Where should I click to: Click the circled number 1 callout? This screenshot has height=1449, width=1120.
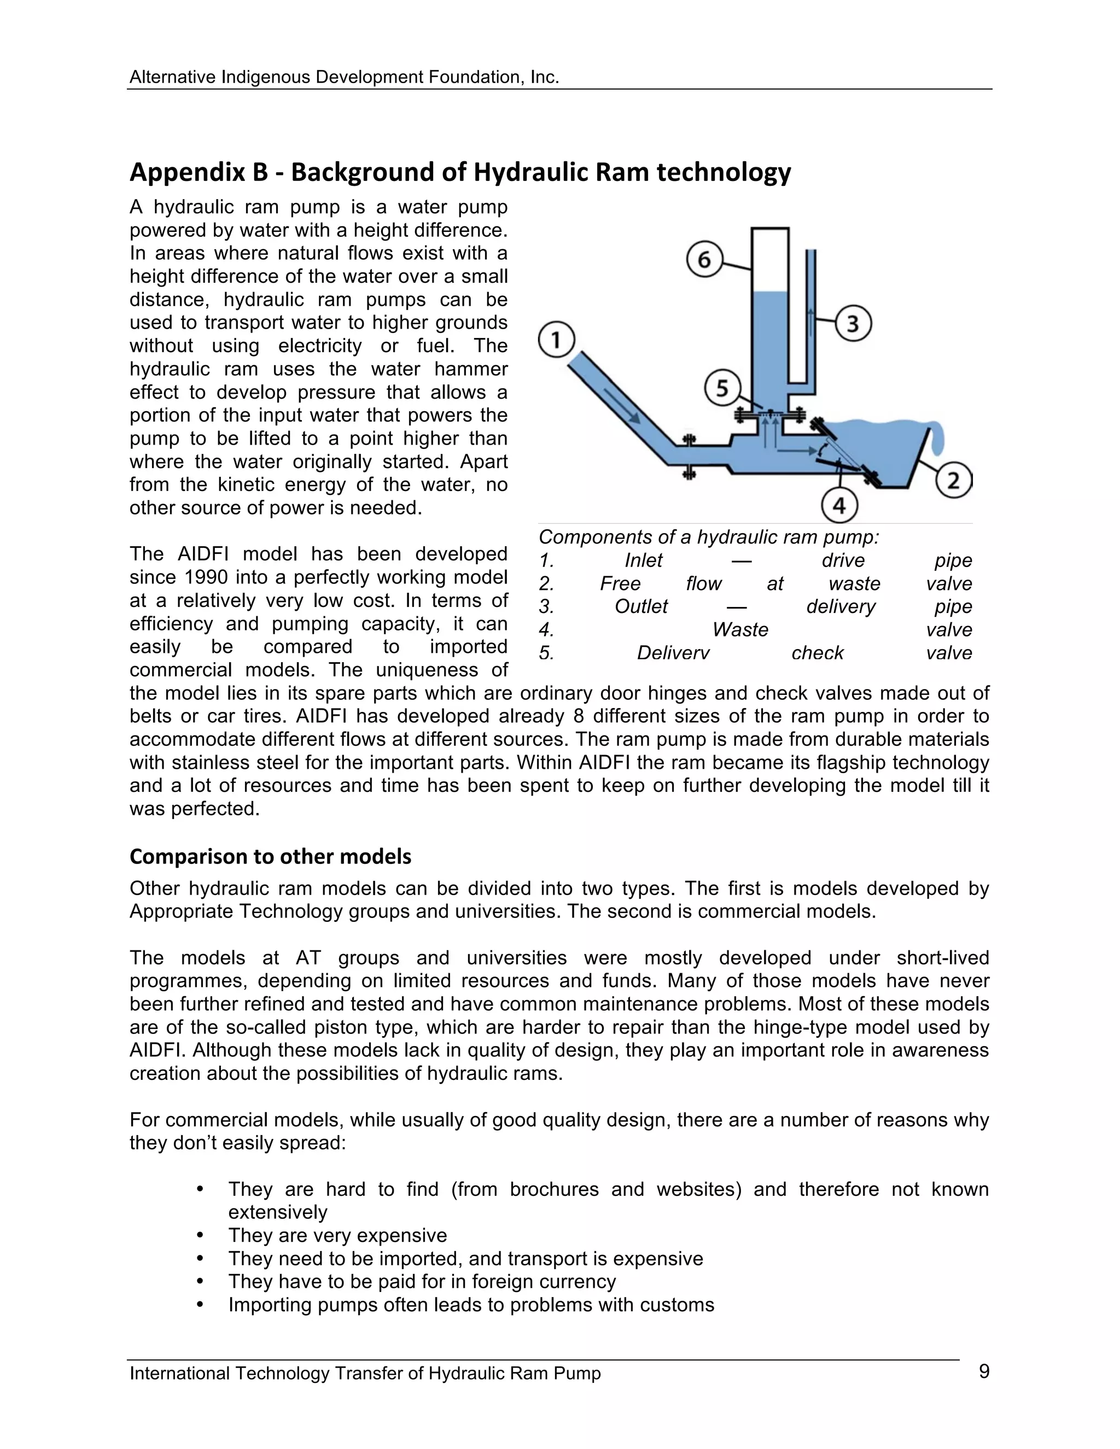pyautogui.click(x=556, y=340)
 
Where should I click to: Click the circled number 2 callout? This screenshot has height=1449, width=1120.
pyautogui.click(x=953, y=480)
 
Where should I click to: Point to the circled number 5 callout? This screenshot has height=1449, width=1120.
pyautogui.click(x=722, y=388)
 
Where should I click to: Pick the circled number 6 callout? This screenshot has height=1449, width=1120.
pyautogui.click(x=704, y=259)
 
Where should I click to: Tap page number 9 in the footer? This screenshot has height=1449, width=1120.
pyautogui.click(x=983, y=1371)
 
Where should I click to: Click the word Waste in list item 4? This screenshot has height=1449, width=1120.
pyautogui.click(x=740, y=629)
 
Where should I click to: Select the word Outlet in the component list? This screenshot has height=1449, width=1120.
pyautogui.click(x=641, y=606)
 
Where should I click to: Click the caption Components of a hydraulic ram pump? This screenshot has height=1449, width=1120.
pyautogui.click(x=708, y=537)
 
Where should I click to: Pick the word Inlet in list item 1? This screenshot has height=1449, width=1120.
pyautogui.click(x=643, y=560)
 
